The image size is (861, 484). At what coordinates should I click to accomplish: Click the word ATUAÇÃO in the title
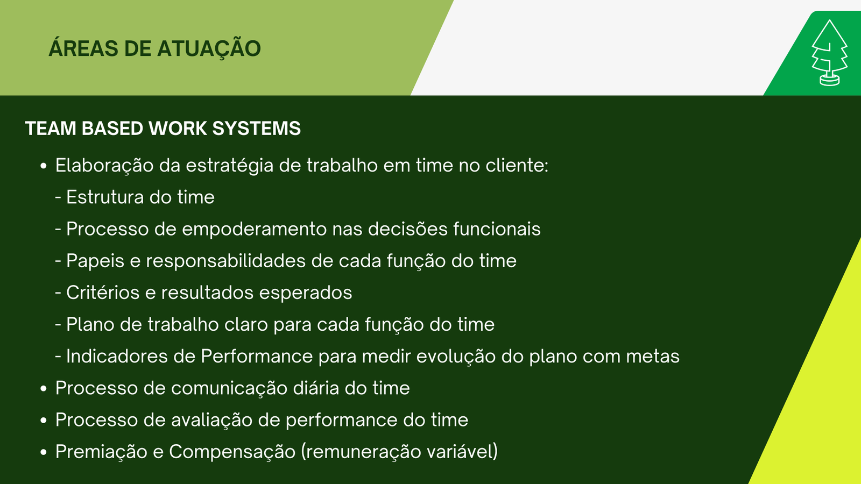[x=209, y=48]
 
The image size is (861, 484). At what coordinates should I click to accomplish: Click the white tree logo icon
[x=829, y=53]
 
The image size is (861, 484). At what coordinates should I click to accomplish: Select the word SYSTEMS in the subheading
[x=256, y=129]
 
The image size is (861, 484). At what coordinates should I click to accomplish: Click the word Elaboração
[x=104, y=166]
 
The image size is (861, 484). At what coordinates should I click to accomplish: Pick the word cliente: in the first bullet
[x=517, y=165]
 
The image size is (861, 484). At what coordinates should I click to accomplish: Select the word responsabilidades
[x=225, y=261]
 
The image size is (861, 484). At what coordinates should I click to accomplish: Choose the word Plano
[x=90, y=324]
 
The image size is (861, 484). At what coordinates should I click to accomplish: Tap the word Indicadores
[x=117, y=356]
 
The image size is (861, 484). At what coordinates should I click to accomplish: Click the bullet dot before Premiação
[x=44, y=452]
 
